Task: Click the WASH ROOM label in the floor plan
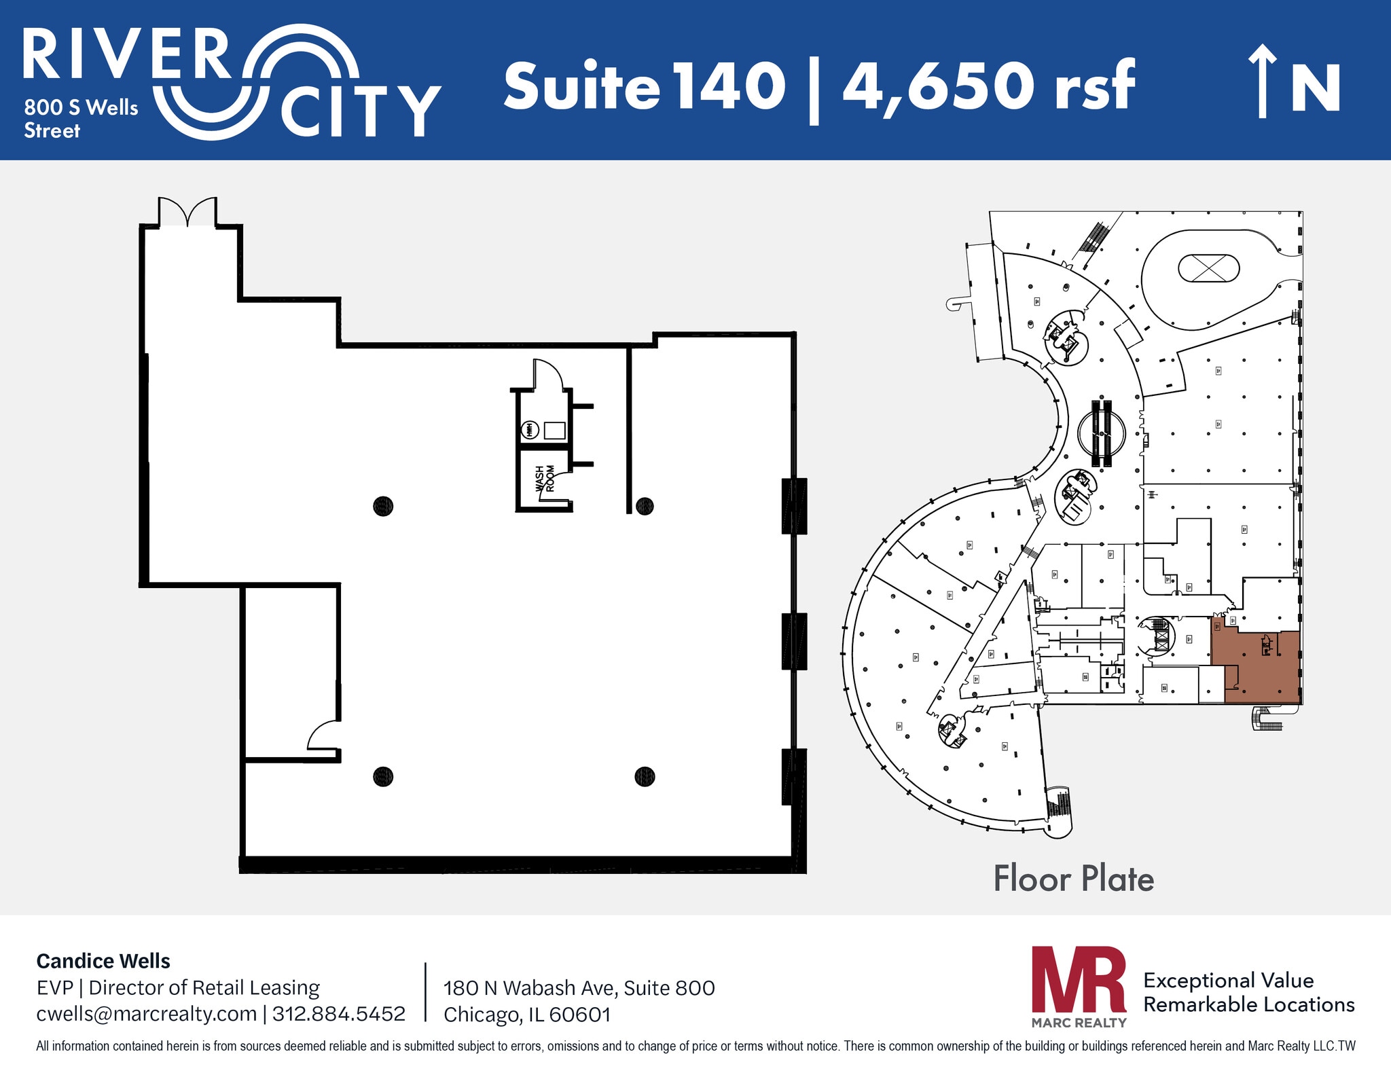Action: (545, 478)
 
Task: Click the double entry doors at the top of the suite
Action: (187, 211)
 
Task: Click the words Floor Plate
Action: (1073, 879)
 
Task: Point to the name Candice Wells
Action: (103, 961)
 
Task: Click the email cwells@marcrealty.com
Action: (146, 1014)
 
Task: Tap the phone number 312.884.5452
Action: (338, 1014)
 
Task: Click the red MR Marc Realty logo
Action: (1079, 985)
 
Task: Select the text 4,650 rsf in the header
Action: (988, 86)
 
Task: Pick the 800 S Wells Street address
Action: (80, 118)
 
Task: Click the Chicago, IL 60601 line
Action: (527, 1015)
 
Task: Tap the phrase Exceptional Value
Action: (1228, 980)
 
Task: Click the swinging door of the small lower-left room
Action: (323, 735)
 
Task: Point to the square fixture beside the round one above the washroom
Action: (554, 430)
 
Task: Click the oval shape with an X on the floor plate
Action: (1208, 268)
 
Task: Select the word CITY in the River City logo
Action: (361, 111)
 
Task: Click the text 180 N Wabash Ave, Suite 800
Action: (579, 987)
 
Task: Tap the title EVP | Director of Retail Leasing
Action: (178, 987)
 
